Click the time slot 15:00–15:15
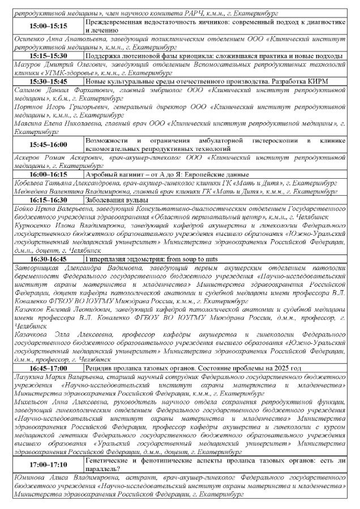[x=48, y=27]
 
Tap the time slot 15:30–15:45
[x=48, y=81]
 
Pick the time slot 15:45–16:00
[x=48, y=145]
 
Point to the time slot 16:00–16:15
[x=48, y=176]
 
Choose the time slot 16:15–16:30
[x=48, y=200]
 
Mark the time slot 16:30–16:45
[x=48, y=259]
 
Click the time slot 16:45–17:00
[x=48, y=369]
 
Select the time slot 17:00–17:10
[x=48, y=465]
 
